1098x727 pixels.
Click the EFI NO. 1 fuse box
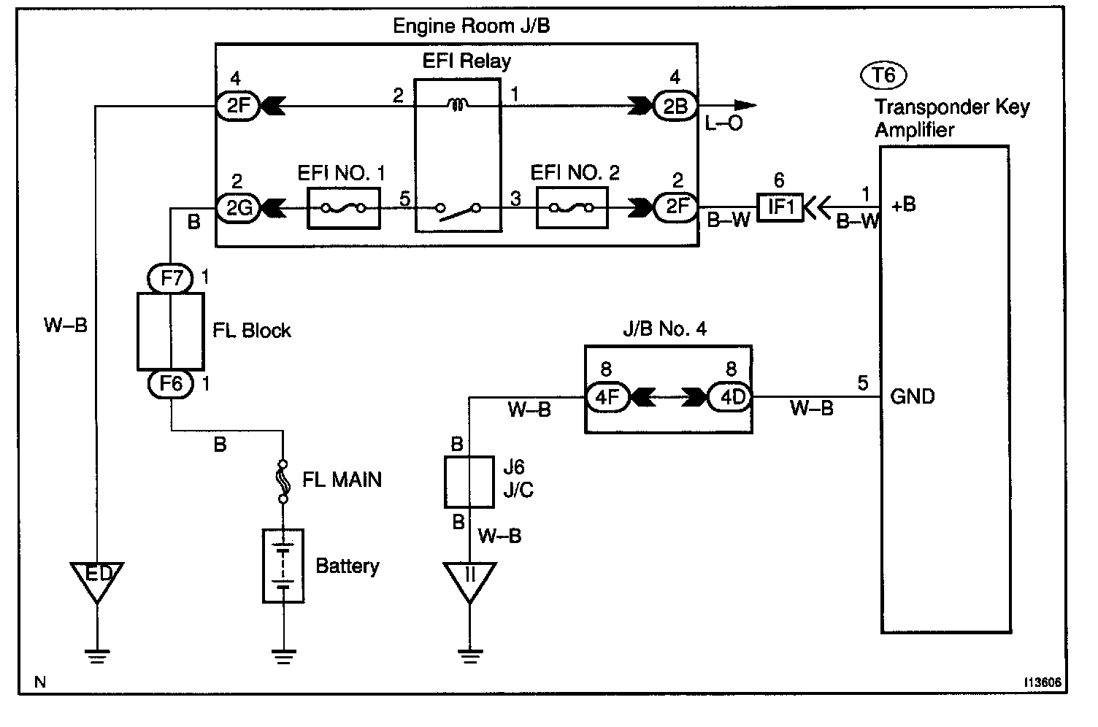(x=344, y=208)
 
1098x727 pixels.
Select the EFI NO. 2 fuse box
(x=572, y=208)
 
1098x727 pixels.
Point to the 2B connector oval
(x=675, y=107)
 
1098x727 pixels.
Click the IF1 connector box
(x=780, y=208)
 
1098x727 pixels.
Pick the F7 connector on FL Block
(x=170, y=278)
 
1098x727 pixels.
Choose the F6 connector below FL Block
(x=170, y=383)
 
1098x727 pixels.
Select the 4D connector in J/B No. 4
(x=732, y=397)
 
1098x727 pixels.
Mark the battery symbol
(x=283, y=566)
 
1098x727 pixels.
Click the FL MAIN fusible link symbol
(x=283, y=480)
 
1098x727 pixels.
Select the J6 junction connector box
(x=469, y=482)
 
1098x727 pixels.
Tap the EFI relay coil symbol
(x=458, y=107)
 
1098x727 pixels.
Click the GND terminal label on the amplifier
(x=913, y=397)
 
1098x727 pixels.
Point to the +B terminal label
(x=903, y=205)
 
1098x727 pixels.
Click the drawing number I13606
(x=1042, y=683)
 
